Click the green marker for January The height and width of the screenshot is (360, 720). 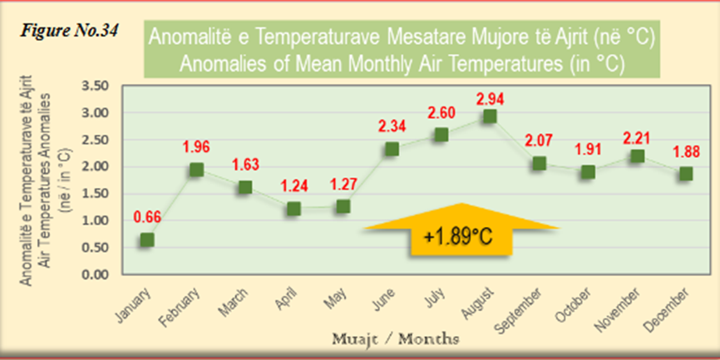147,239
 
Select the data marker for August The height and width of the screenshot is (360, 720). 490,116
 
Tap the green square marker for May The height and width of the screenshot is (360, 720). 343,207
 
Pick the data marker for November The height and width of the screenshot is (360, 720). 637,156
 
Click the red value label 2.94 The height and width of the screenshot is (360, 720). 490,98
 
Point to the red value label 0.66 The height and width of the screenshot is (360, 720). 147,217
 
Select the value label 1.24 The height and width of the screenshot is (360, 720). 293,186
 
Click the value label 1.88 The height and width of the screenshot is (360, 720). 686,152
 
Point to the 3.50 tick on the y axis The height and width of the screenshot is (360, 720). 95,86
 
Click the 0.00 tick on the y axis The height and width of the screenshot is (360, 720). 95,274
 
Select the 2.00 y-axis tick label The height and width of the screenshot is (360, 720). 95,167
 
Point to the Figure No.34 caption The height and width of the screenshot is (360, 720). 69,32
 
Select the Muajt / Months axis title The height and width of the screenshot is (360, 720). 395,339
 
